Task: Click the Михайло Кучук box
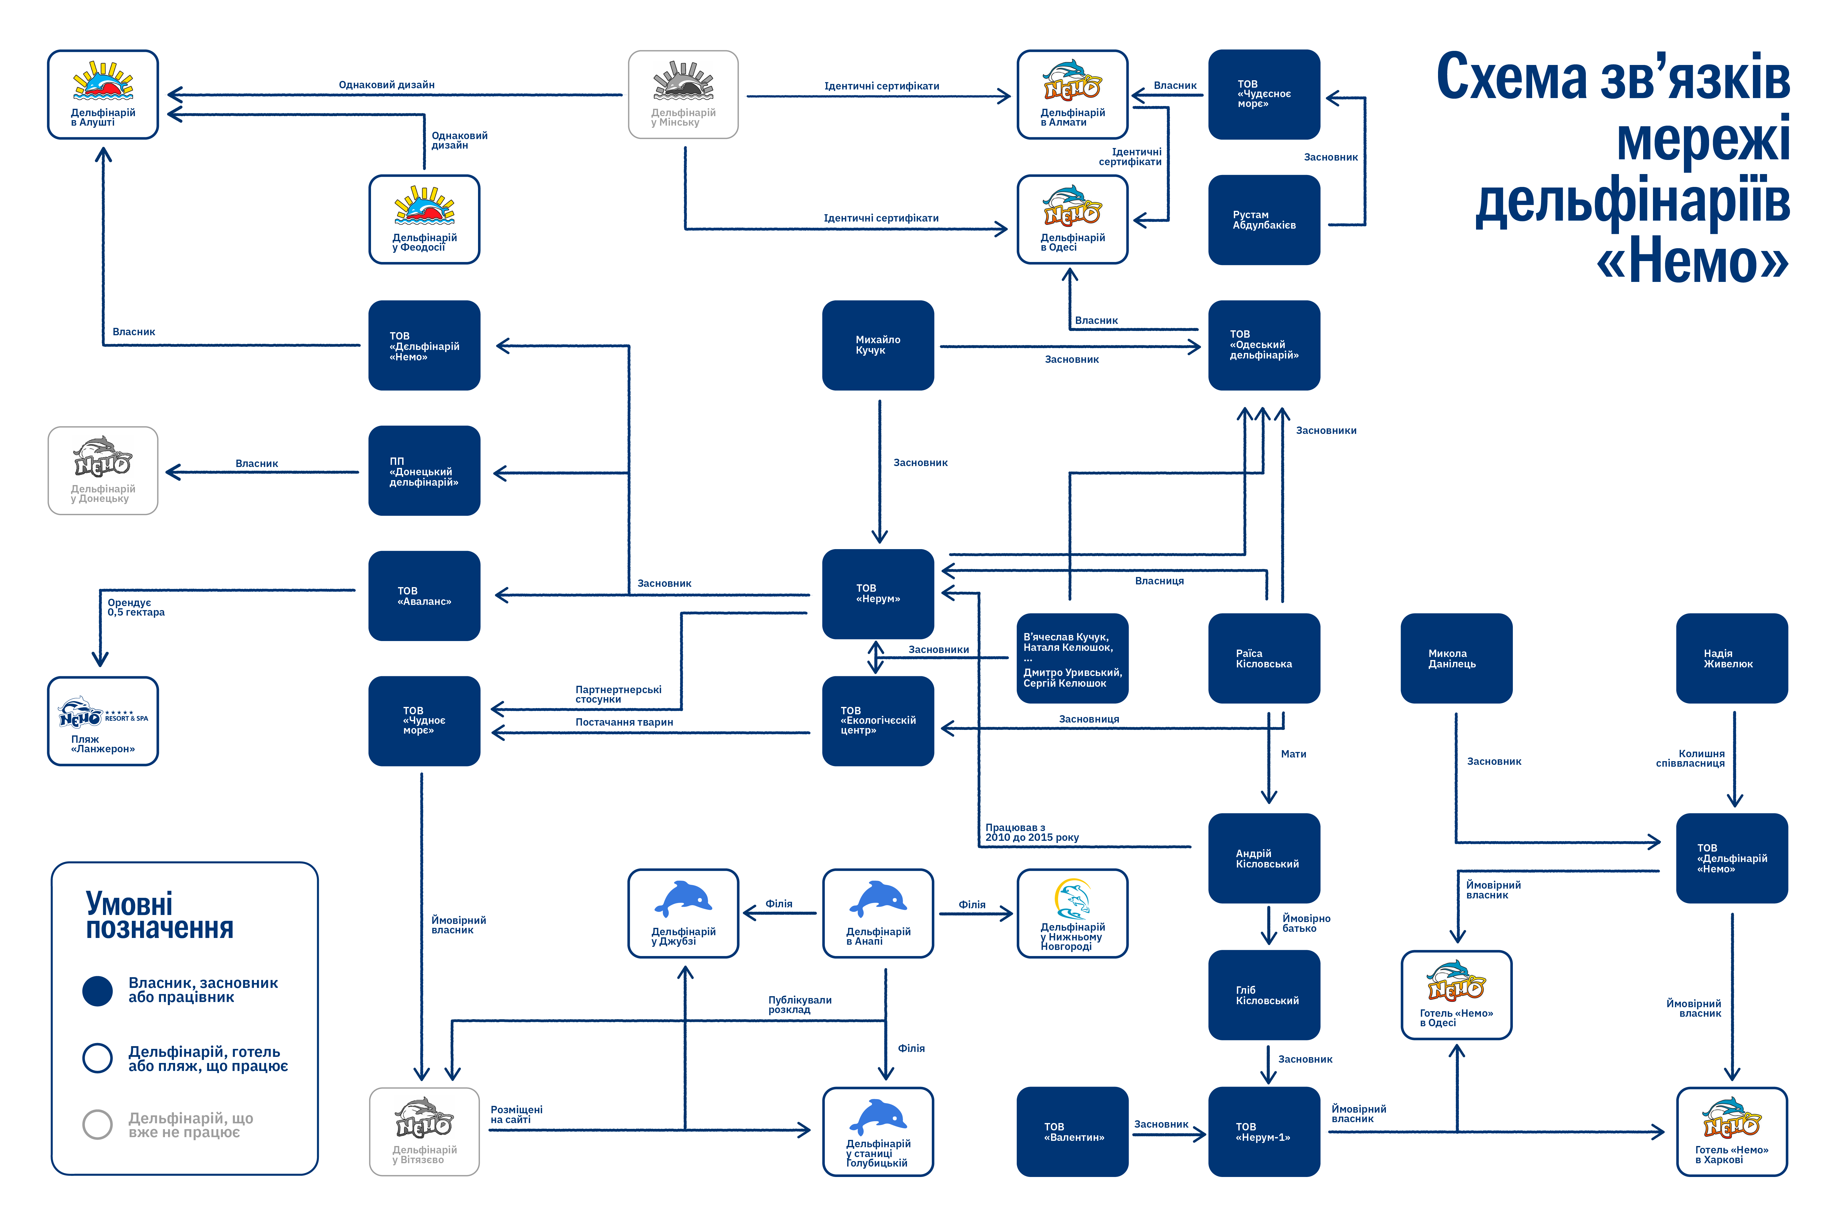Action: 878,345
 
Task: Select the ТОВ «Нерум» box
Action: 878,594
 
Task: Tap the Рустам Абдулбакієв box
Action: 1264,220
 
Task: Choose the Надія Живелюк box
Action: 1732,658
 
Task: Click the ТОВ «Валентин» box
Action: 1073,1131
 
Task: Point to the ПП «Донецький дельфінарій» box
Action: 424,471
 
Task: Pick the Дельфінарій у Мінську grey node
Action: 684,95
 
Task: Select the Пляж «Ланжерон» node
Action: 103,721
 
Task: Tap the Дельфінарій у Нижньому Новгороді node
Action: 1073,913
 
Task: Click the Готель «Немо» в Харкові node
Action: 1732,1131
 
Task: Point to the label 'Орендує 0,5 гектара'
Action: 136,608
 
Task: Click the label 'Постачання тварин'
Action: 624,723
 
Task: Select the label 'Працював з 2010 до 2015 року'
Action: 1032,833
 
